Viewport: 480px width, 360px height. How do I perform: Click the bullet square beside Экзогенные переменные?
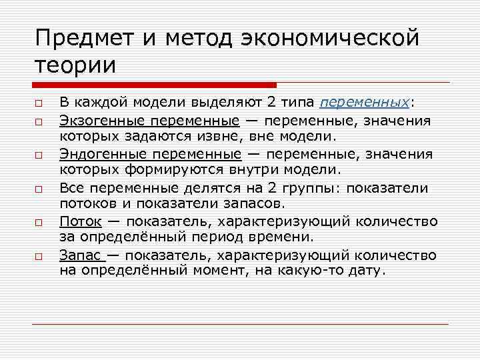click(40, 122)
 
